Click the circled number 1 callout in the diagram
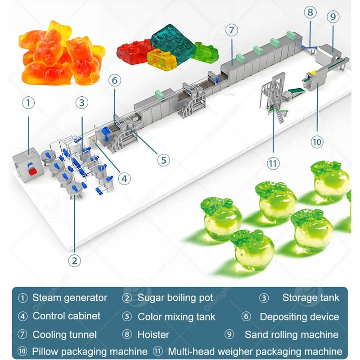[28, 103]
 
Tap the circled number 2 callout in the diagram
[75, 260]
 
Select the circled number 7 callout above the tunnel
[231, 31]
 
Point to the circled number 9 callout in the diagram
[333, 18]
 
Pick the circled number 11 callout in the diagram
[272, 163]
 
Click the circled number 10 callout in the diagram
[317, 142]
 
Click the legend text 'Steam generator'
[70, 298]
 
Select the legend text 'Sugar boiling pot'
[175, 298]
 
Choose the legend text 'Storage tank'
[311, 298]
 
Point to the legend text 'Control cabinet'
[67, 316]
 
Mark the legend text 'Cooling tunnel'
[64, 334]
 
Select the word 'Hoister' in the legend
[153, 334]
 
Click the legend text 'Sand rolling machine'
[292, 334]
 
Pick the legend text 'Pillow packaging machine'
[90, 351]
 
